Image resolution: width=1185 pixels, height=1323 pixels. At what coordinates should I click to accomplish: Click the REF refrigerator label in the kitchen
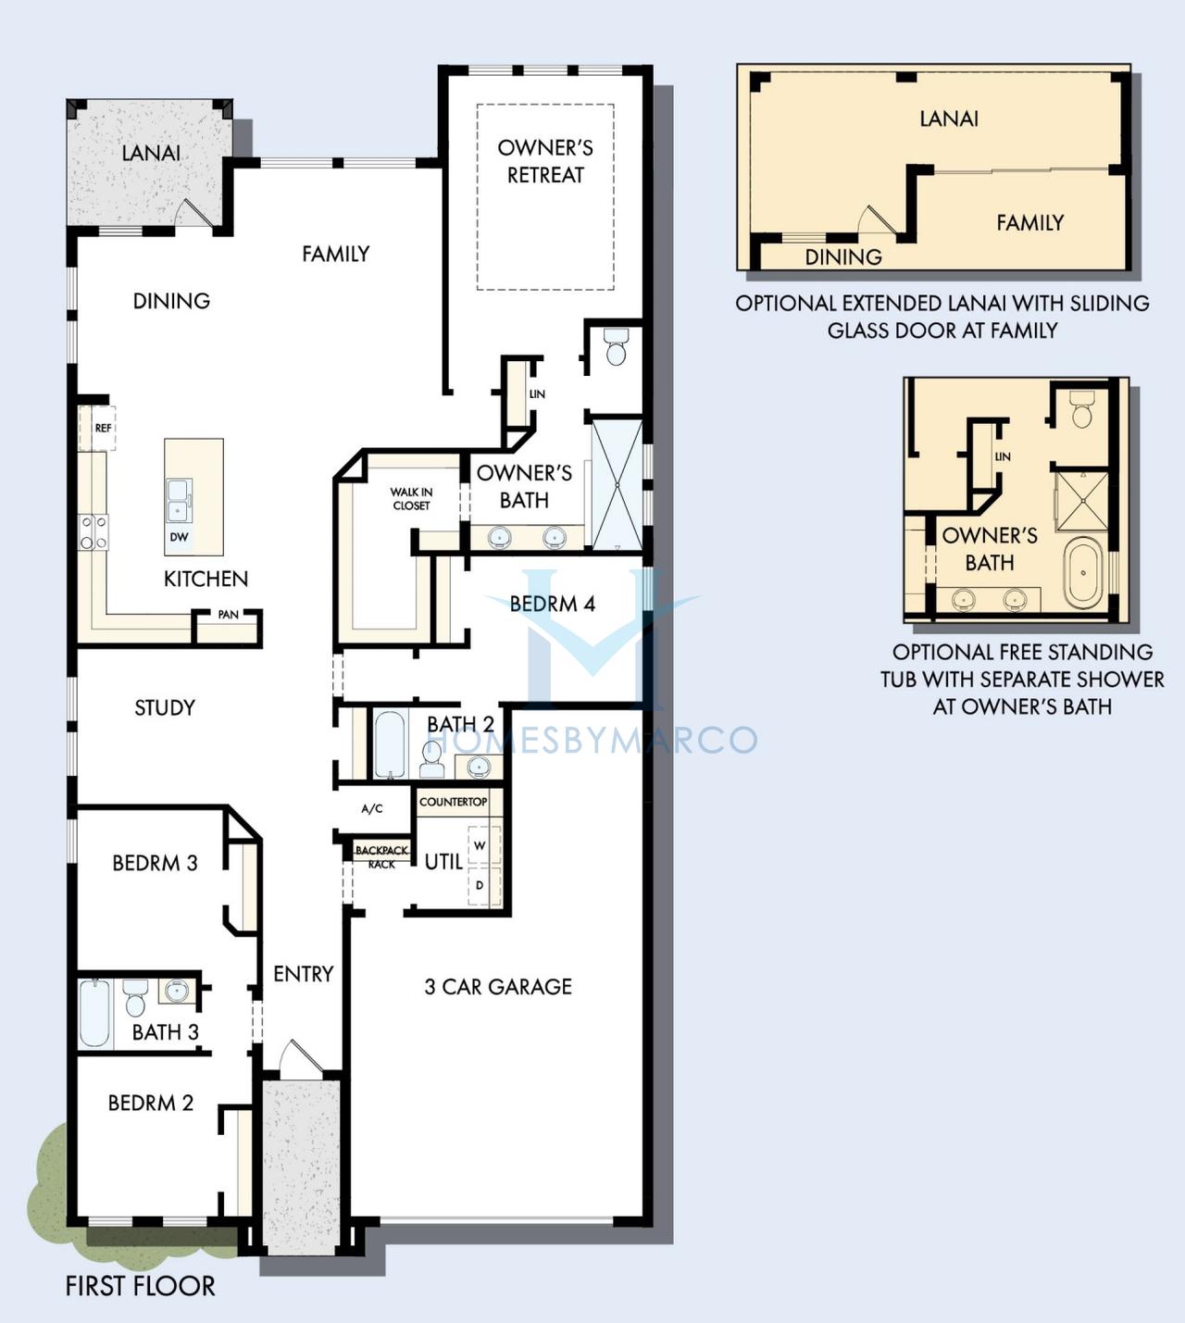(x=103, y=429)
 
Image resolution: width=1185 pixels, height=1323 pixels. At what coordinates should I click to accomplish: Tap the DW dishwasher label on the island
(x=179, y=537)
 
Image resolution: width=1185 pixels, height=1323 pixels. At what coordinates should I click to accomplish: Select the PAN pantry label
(x=228, y=615)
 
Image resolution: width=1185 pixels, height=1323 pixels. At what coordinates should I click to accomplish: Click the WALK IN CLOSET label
(x=411, y=499)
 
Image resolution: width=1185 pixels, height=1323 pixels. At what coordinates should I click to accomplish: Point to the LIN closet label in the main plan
(x=537, y=394)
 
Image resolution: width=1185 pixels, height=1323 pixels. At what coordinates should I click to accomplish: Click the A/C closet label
(x=372, y=809)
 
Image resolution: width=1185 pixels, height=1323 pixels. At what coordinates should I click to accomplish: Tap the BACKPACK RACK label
(x=382, y=857)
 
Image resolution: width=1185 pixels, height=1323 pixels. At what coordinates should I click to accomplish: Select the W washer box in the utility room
(x=484, y=845)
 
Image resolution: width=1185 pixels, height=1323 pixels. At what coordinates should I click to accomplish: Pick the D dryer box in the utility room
(x=484, y=885)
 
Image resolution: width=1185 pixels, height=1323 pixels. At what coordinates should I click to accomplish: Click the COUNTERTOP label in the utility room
(x=453, y=801)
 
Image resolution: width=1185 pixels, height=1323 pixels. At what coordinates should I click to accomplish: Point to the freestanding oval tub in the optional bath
(x=1083, y=573)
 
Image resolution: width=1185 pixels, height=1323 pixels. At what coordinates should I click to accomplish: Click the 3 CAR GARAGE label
(x=498, y=986)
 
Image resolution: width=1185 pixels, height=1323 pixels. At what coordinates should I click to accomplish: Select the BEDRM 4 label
(x=553, y=604)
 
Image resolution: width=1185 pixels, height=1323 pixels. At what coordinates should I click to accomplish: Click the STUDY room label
(x=165, y=708)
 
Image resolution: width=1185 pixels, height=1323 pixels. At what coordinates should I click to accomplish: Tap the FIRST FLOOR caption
(x=140, y=1286)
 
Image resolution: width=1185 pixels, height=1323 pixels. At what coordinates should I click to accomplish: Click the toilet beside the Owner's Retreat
(x=616, y=347)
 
